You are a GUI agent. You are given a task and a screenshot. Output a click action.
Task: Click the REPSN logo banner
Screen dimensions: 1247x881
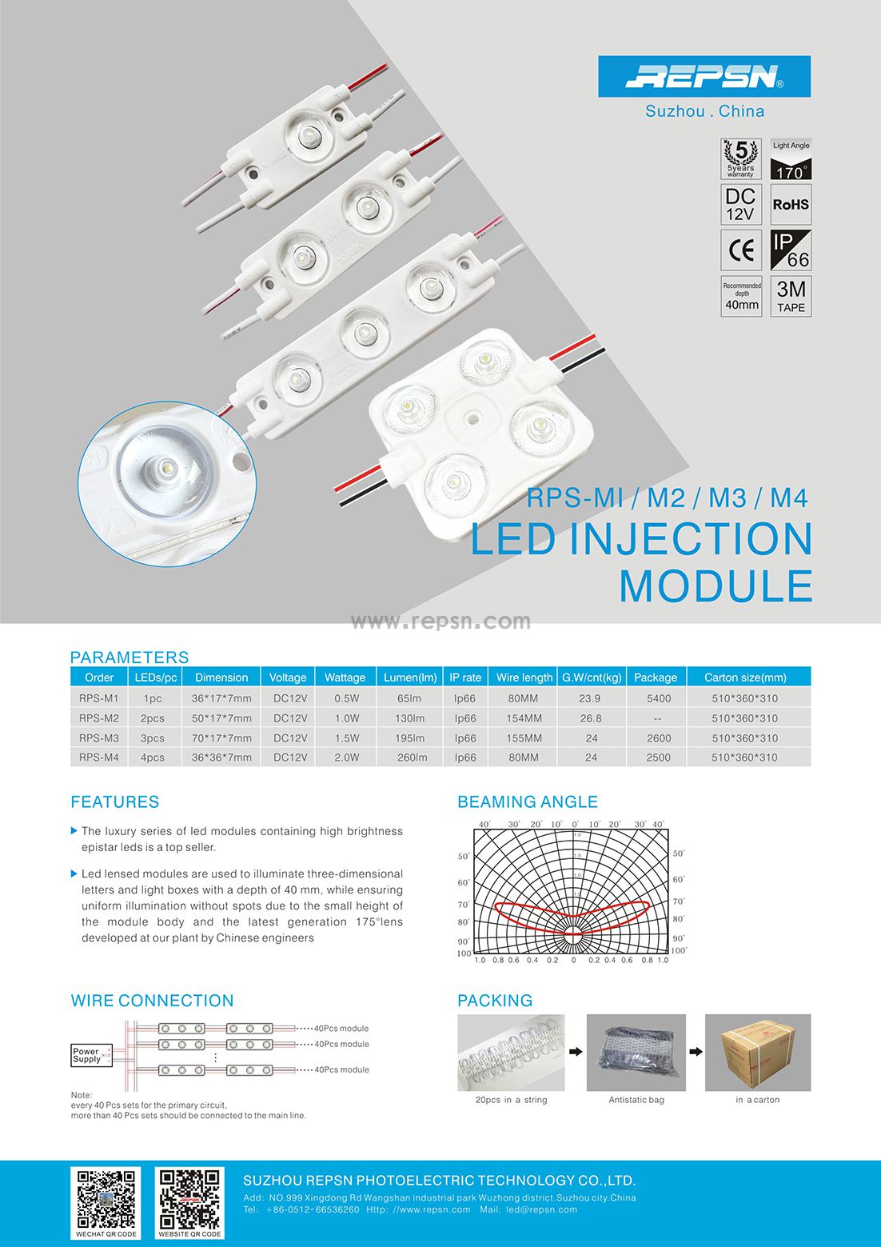point(704,77)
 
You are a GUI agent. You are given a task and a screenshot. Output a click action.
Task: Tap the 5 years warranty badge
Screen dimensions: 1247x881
point(741,159)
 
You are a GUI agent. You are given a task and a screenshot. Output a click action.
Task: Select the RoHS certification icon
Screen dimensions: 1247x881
point(791,205)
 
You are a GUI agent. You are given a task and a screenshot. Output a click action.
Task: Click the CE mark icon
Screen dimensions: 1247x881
point(741,250)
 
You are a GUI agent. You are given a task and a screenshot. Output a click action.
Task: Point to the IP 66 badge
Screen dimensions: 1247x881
point(791,250)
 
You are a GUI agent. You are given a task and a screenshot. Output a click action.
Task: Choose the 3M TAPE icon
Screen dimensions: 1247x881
point(791,296)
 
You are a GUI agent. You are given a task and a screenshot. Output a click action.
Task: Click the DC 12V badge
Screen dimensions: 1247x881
point(741,205)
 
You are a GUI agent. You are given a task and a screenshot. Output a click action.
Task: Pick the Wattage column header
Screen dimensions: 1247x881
point(345,677)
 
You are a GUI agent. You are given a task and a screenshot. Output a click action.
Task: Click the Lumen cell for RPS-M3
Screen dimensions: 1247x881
point(409,738)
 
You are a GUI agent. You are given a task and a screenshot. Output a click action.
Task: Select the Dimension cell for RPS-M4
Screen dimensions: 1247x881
point(221,757)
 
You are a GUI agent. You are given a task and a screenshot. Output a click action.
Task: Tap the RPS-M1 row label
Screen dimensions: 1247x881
point(99,698)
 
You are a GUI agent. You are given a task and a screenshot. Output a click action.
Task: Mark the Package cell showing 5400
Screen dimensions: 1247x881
point(658,698)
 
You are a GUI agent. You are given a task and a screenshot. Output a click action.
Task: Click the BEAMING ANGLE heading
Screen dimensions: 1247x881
point(528,802)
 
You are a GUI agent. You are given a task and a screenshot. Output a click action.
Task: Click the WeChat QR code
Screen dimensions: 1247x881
point(106,1199)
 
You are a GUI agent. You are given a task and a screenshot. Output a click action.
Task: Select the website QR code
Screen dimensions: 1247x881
point(189,1199)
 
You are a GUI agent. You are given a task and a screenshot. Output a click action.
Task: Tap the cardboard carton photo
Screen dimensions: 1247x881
point(757,1053)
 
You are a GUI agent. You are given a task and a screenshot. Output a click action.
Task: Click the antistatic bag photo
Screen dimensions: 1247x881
point(636,1053)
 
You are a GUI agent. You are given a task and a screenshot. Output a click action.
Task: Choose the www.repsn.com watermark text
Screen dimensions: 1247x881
point(440,622)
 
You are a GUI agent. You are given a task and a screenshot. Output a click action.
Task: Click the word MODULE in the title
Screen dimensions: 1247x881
point(716,586)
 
